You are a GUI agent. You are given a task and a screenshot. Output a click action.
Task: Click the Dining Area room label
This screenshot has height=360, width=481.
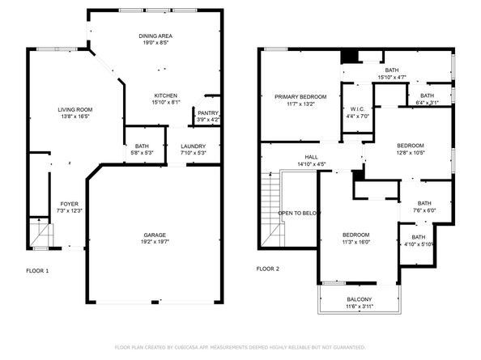click(154, 36)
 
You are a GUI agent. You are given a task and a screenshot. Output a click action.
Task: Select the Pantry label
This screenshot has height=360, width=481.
click(208, 112)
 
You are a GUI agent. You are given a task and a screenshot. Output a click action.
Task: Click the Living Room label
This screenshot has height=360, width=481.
click(74, 110)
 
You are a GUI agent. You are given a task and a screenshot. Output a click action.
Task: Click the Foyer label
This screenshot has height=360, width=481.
click(70, 204)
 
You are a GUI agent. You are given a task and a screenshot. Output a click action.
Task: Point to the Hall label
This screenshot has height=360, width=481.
click(311, 158)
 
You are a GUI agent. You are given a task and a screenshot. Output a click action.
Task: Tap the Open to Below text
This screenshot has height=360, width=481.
click(300, 213)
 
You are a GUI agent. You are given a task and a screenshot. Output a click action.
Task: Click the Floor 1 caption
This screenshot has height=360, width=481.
click(37, 269)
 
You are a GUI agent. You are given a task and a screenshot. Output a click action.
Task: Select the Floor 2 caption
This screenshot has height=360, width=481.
click(267, 269)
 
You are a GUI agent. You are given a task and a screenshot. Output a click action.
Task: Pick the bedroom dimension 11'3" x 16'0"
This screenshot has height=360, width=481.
click(355, 241)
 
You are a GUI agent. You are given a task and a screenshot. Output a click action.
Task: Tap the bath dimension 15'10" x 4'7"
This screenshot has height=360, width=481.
click(391, 78)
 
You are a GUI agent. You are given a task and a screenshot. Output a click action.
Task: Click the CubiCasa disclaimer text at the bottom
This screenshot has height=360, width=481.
click(240, 347)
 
